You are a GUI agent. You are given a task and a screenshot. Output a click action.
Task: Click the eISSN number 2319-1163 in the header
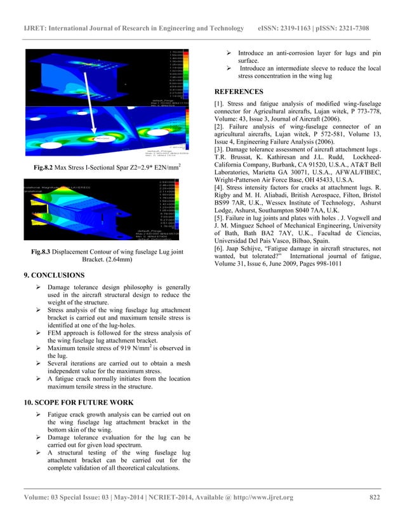tap(300, 29)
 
